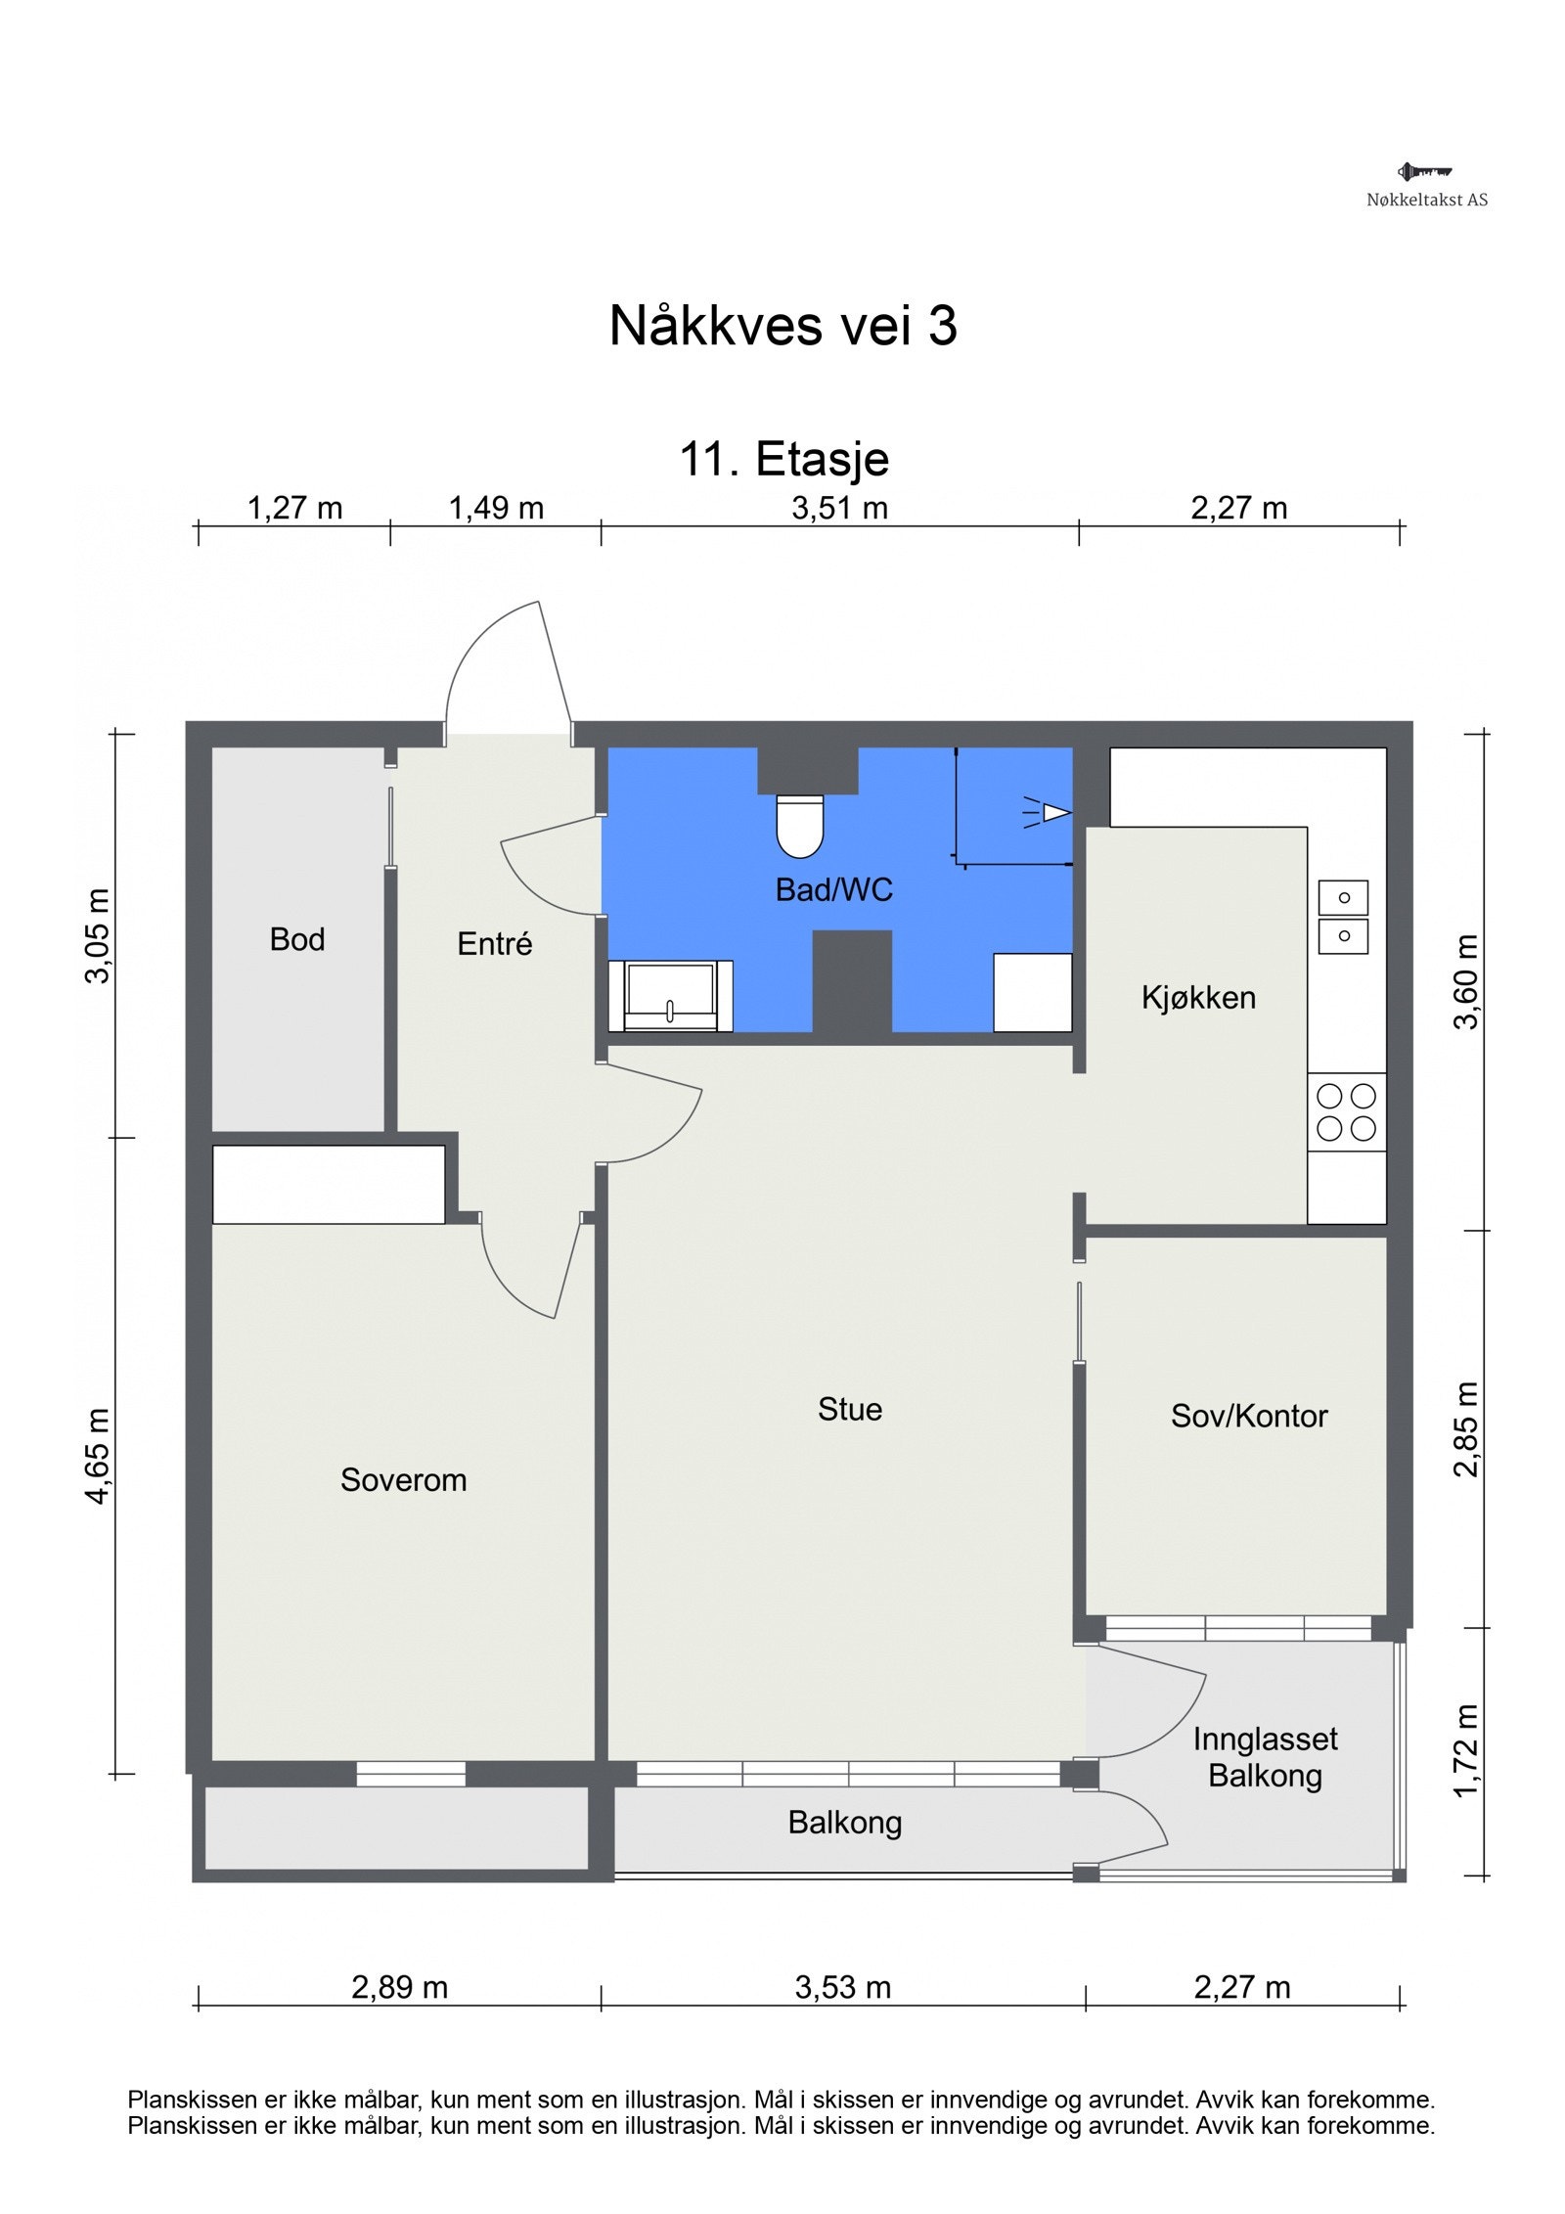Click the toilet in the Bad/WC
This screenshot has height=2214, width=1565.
click(799, 826)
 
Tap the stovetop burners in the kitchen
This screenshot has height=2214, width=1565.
click(1346, 1112)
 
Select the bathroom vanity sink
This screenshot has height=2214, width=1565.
click(670, 995)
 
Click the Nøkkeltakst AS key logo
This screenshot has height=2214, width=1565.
click(1424, 172)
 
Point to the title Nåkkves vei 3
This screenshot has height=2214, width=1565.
click(782, 325)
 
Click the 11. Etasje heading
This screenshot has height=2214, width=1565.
click(784, 459)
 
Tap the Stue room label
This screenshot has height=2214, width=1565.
click(850, 1409)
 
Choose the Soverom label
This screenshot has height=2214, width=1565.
click(403, 1479)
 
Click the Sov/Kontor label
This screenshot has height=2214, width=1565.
click(1249, 1416)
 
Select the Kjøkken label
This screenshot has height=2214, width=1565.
click(1198, 998)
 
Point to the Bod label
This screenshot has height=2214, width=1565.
click(297, 939)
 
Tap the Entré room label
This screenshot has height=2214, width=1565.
click(495, 943)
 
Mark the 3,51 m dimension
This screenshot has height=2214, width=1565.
click(840, 509)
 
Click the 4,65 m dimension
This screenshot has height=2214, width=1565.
click(99, 1456)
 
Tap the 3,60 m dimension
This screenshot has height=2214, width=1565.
click(1467, 981)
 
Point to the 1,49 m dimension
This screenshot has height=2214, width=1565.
click(496, 509)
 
